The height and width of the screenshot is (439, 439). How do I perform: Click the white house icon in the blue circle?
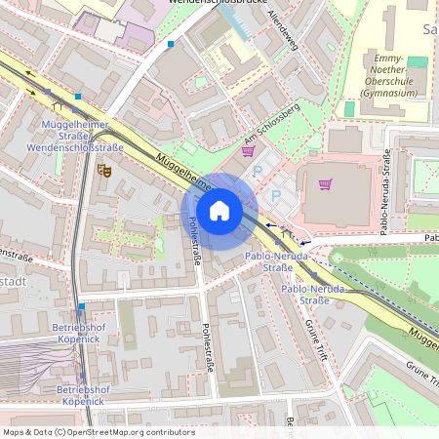[219, 211]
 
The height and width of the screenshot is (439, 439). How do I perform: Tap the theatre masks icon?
[104, 171]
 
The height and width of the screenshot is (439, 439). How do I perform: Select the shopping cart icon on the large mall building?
[325, 184]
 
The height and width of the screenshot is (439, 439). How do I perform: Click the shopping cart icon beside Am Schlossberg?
[248, 151]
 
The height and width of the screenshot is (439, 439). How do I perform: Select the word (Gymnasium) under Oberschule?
[388, 94]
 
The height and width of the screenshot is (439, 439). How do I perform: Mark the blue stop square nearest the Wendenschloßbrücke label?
[171, 44]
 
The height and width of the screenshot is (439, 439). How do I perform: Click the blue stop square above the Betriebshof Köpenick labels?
[82, 306]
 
